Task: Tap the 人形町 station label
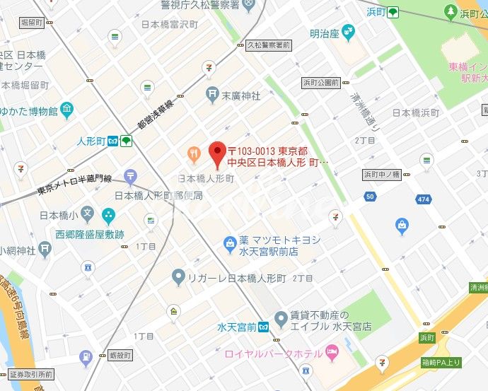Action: tap(90, 141)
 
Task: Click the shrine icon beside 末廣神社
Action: tap(211, 93)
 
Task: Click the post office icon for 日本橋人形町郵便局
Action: tap(130, 176)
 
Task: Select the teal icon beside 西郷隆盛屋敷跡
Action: tap(108, 214)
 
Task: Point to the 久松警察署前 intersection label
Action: tap(268, 45)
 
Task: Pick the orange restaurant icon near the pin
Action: tap(192, 153)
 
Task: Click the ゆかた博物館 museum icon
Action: tap(66, 110)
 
